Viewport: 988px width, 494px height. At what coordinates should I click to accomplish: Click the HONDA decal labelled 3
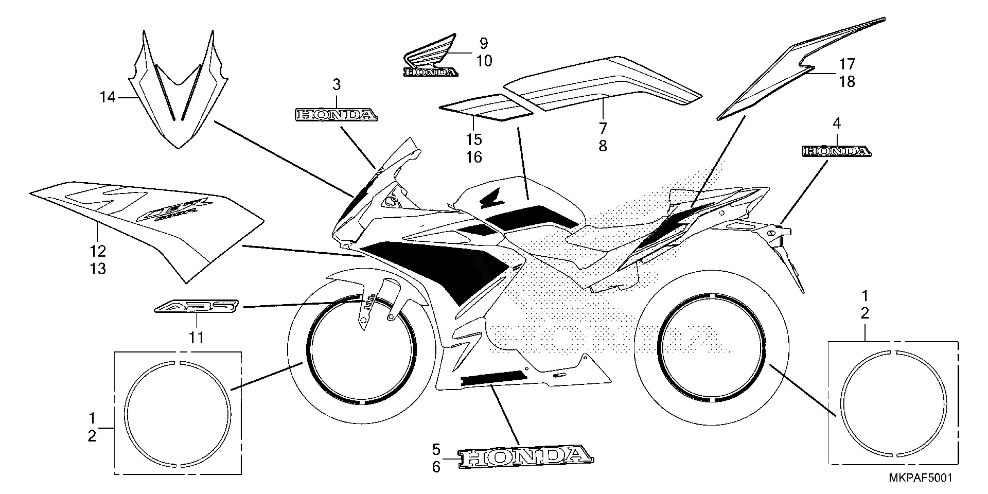[336, 115]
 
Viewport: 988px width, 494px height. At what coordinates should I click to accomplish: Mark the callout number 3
[337, 85]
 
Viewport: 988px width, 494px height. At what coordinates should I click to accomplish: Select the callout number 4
[837, 123]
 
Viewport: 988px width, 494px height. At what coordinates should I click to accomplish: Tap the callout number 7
[603, 128]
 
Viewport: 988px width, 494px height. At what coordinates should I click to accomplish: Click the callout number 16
[474, 157]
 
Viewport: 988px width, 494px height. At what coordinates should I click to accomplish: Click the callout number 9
[484, 43]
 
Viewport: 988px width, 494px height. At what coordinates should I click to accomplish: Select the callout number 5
[436, 449]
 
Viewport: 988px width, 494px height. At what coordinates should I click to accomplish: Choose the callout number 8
[603, 146]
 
